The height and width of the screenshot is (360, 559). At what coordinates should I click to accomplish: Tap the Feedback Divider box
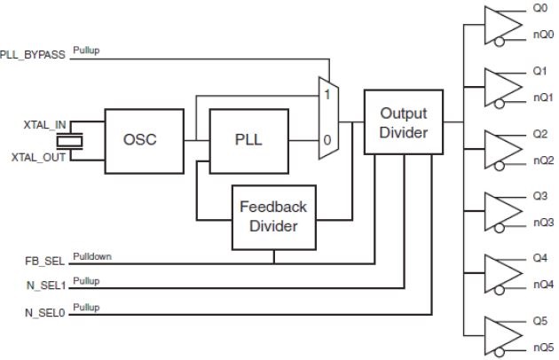[273, 215]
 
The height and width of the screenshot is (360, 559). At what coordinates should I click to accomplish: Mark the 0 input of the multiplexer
[328, 140]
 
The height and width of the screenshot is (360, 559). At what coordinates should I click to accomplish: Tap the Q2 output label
[539, 134]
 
